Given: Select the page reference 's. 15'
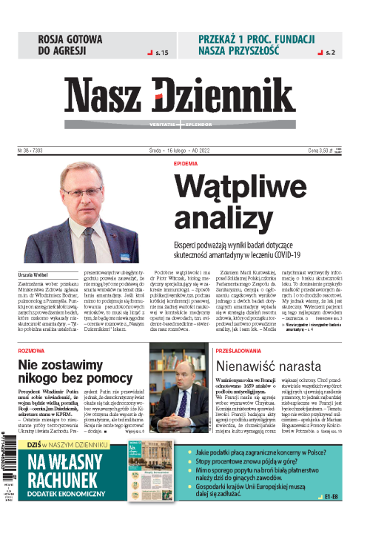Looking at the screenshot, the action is coord(159,53).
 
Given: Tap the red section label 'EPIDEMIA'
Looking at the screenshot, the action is coord(186,162).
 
